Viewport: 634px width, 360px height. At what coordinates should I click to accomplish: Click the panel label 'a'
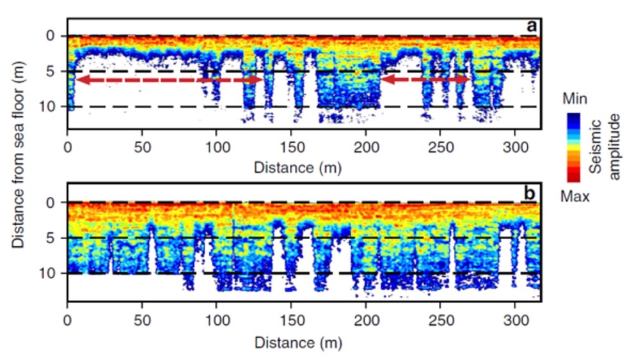click(x=531, y=26)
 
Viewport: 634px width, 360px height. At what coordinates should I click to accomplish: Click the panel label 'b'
click(x=531, y=194)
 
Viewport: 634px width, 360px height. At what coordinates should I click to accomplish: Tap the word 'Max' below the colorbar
click(x=575, y=196)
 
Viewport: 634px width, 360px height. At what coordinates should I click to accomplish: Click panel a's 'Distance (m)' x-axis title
click(x=297, y=168)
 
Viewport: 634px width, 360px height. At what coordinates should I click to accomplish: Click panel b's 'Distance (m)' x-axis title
click(x=297, y=342)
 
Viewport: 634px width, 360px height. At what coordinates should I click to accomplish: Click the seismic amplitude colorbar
click(x=573, y=148)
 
